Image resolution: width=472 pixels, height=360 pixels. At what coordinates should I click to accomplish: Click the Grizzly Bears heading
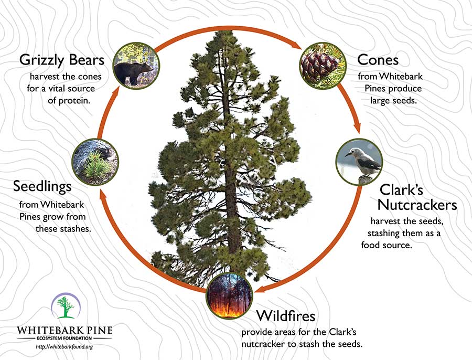[62, 60]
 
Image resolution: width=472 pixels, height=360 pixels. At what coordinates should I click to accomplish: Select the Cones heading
[378, 60]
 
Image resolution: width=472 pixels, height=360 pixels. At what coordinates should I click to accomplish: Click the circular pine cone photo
[323, 66]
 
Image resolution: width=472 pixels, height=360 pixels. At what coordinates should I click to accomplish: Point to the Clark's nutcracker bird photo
[359, 162]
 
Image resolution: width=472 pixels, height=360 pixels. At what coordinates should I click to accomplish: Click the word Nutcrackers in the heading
[417, 205]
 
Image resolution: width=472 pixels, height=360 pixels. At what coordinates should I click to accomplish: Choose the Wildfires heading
[286, 316]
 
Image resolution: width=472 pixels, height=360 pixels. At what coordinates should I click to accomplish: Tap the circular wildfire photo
[229, 295]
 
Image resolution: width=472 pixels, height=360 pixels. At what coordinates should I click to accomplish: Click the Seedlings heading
[42, 187]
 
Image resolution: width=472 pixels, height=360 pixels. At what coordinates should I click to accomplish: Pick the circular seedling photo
[95, 162]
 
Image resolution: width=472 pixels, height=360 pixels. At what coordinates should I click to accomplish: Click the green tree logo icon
[66, 307]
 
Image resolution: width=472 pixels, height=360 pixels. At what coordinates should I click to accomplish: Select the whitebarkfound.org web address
[64, 347]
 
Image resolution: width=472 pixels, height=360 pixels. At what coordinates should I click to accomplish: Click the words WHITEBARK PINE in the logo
[65, 330]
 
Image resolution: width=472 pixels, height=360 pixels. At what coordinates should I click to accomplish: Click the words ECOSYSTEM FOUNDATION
[65, 338]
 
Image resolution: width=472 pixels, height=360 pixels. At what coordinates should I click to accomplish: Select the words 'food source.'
[386, 245]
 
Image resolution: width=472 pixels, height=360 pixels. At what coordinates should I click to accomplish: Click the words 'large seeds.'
[393, 100]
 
